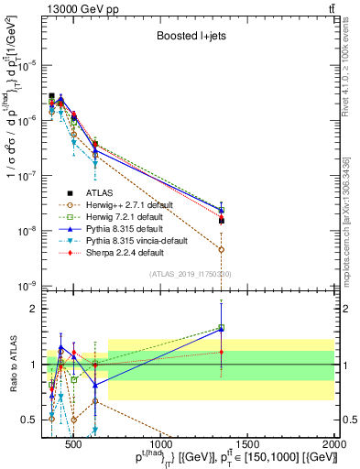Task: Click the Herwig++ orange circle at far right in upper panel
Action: click(x=221, y=249)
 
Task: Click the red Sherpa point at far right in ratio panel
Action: click(x=221, y=352)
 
